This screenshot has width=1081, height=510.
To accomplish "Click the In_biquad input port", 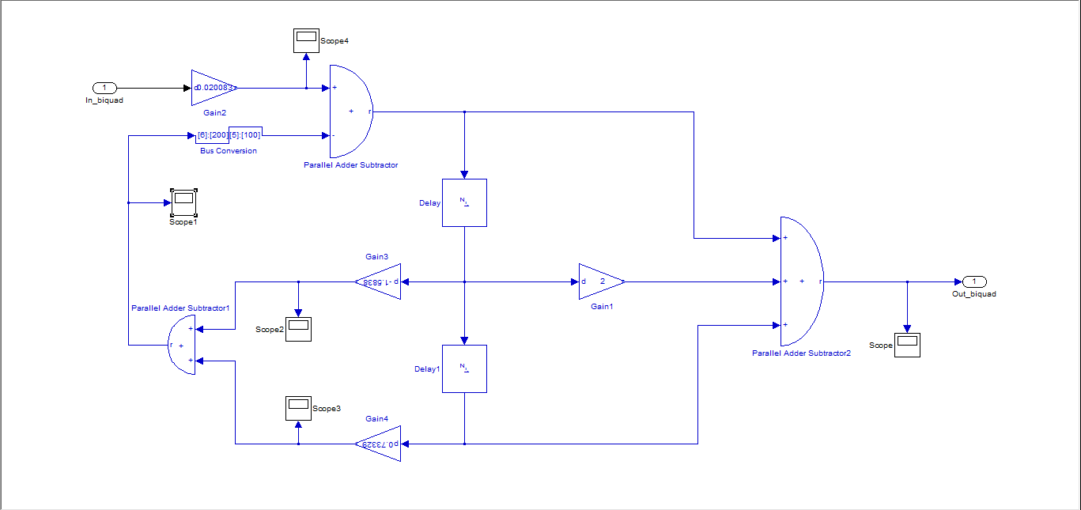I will [x=104, y=88].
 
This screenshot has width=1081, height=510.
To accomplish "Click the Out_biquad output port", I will [x=974, y=281].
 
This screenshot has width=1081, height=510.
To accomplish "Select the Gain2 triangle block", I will [x=212, y=88].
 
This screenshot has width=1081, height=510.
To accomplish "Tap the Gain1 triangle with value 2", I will [x=600, y=281].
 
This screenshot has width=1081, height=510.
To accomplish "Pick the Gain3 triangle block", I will [x=379, y=281].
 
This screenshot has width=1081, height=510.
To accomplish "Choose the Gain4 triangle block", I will [x=379, y=444].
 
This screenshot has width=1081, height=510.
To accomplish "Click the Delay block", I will [x=464, y=202].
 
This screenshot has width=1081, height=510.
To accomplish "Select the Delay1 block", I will [x=464, y=368].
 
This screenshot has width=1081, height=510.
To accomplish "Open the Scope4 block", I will [x=305, y=41].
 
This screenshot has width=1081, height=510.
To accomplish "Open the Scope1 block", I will [x=183, y=202].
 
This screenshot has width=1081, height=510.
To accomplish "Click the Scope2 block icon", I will [x=298, y=329].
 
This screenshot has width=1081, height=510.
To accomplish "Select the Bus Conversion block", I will [x=229, y=135].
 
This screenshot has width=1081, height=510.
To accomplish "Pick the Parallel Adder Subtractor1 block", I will [x=182, y=345].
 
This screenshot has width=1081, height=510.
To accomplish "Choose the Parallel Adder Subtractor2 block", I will [x=800, y=281].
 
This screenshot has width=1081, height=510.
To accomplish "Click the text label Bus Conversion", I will [x=229, y=151].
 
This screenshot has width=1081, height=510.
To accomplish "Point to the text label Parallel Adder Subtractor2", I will [x=801, y=353].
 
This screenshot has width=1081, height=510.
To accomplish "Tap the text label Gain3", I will [x=376, y=256].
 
